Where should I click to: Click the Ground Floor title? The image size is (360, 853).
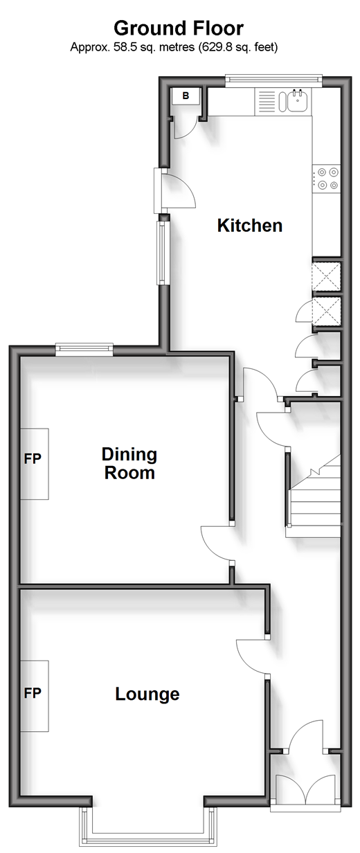[179, 28]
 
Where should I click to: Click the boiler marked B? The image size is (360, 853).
[186, 96]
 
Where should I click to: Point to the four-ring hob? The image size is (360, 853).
[326, 179]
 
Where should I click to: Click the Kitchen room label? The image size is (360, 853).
[250, 226]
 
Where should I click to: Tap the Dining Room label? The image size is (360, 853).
[129, 463]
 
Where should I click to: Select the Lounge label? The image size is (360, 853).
[147, 694]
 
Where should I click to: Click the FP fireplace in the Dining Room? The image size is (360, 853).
[35, 463]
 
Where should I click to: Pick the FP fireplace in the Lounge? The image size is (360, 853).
[35, 696]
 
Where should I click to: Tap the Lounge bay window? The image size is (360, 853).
[148, 828]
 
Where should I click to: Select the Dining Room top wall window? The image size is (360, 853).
[84, 349]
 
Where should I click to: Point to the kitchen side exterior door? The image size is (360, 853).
[174, 190]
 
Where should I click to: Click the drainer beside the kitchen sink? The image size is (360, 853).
[267, 101]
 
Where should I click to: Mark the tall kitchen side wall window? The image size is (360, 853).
[162, 253]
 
